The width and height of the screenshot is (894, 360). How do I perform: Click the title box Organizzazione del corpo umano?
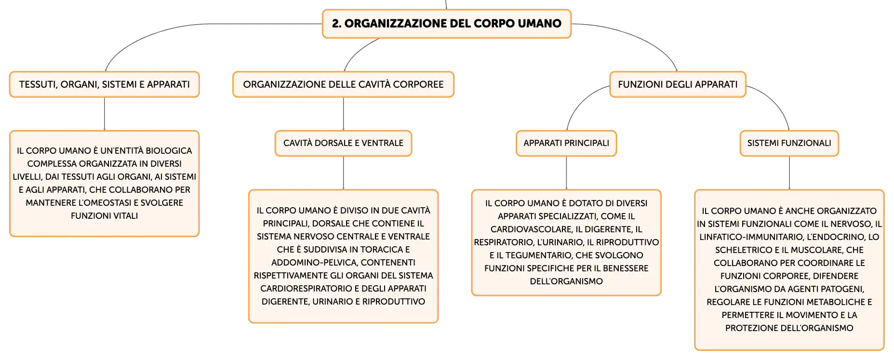(x=446, y=24)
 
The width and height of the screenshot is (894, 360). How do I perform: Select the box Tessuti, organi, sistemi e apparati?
(x=105, y=84)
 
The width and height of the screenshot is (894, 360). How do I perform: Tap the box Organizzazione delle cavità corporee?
(x=343, y=84)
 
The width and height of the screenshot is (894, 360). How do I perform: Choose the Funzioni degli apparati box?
(x=678, y=84)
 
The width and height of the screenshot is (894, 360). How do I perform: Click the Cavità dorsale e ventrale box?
(x=343, y=143)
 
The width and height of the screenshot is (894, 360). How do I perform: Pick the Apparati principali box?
(x=566, y=143)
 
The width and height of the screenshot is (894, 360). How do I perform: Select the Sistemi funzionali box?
(x=789, y=143)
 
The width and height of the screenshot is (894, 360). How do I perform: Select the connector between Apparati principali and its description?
(x=566, y=173)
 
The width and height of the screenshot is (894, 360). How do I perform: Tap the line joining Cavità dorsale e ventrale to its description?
(x=343, y=173)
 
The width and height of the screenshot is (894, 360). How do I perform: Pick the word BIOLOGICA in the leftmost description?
(x=169, y=151)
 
